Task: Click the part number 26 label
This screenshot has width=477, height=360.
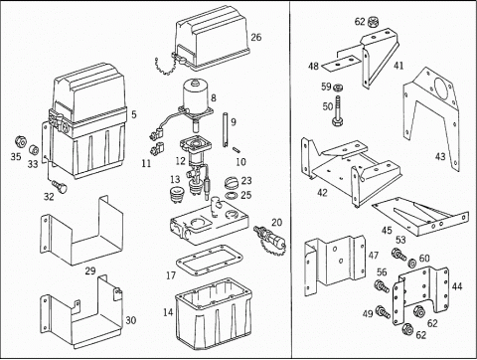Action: [256, 37]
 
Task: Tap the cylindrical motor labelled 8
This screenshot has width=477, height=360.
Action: [195, 94]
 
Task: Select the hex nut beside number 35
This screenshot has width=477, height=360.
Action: [20, 142]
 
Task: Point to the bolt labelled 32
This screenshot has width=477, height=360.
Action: [60, 186]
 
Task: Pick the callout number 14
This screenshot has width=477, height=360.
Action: [168, 312]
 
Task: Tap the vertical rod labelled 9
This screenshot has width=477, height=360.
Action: [226, 129]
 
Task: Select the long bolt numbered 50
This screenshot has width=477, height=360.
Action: [338, 110]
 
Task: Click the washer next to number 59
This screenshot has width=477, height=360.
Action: [338, 88]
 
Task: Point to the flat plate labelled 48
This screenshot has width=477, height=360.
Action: [340, 63]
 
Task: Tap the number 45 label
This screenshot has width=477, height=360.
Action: [387, 230]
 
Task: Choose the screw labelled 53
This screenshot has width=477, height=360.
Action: [399, 254]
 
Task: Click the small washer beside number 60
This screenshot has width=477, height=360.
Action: [412, 263]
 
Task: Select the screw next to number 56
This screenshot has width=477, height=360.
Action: [382, 285]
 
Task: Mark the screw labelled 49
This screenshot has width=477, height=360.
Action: [383, 312]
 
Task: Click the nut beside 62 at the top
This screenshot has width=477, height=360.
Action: [373, 21]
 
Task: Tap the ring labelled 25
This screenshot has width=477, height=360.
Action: [232, 195]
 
